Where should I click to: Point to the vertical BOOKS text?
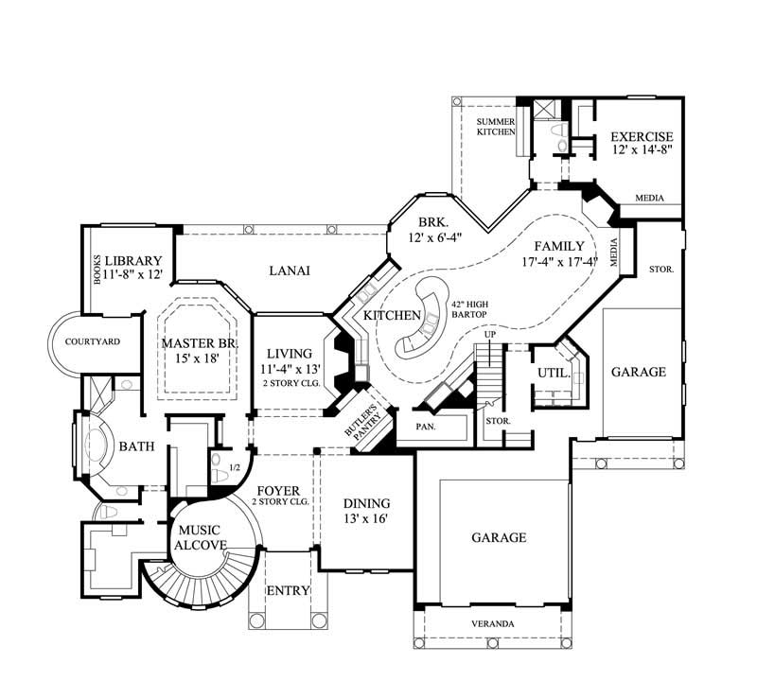pyautogui.click(x=96, y=269)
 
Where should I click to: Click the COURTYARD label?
pyautogui.click(x=86, y=341)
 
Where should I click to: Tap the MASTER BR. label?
pyautogui.click(x=197, y=350)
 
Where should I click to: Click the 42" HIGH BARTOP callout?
pyautogui.click(x=468, y=308)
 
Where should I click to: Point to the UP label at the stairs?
pyautogui.click(x=490, y=335)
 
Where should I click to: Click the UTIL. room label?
pyautogui.click(x=553, y=374)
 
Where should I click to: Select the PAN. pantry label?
pyautogui.click(x=424, y=427)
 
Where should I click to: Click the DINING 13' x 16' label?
pyautogui.click(x=366, y=511)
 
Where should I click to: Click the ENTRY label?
pyautogui.click(x=288, y=591)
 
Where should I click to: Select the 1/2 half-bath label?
pyautogui.click(x=237, y=467)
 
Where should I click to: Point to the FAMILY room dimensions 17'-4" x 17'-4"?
pyautogui.click(x=558, y=262)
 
